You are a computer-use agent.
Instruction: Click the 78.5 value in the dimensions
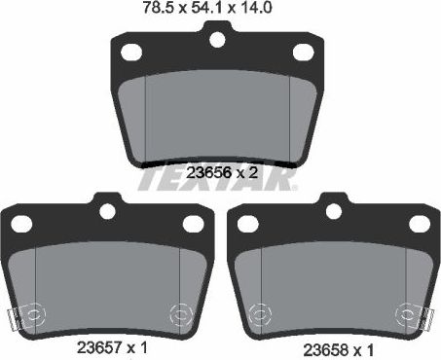click(154, 10)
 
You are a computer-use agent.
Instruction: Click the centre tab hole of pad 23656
click(219, 40)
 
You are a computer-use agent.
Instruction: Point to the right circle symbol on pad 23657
click(178, 314)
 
